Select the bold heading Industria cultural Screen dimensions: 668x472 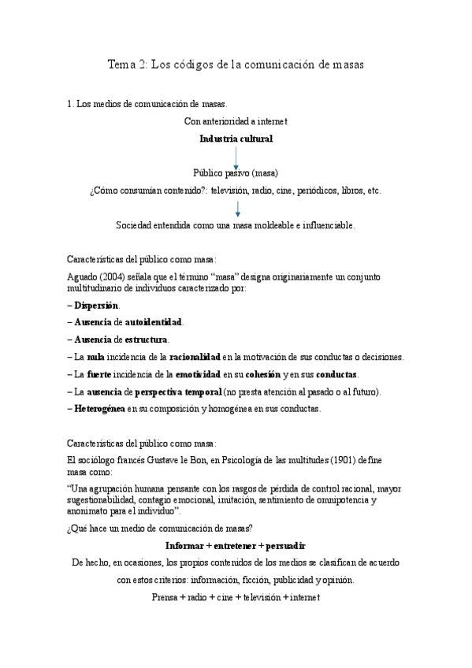(236, 139)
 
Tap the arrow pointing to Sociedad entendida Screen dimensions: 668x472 (237, 209)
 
